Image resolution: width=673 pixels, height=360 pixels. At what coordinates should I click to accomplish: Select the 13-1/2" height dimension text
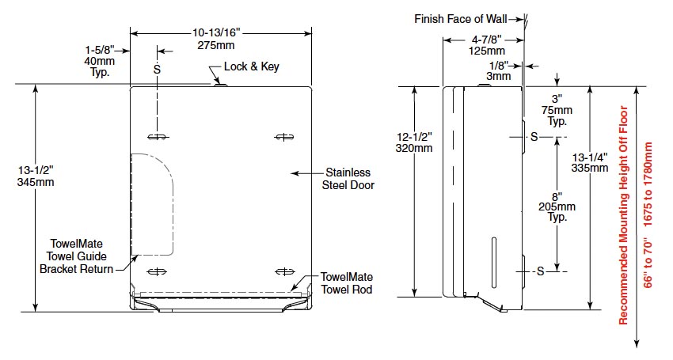[x=32, y=176]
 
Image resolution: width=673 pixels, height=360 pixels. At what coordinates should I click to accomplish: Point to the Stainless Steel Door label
[x=346, y=179]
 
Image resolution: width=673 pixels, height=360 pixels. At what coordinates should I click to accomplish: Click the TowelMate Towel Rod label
[x=346, y=284]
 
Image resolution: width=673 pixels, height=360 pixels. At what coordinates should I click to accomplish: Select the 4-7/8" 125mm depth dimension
[x=481, y=45]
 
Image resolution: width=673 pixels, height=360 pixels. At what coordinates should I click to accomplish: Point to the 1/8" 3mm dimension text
[x=498, y=71]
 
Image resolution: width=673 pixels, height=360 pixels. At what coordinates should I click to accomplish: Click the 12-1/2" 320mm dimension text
[x=414, y=142]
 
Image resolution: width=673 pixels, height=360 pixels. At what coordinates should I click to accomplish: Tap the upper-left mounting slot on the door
[x=158, y=138]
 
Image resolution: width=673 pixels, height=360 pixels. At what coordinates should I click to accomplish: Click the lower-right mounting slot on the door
[x=283, y=272]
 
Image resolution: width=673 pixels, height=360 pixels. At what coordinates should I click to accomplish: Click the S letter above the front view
[x=157, y=69]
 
